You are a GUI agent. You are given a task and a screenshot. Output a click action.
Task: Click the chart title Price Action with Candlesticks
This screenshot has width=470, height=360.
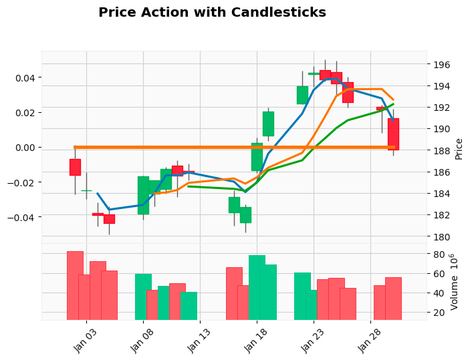[212, 13]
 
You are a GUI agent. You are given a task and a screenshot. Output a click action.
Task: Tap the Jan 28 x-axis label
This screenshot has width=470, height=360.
[370, 342]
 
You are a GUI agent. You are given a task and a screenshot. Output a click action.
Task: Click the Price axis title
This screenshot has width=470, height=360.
[459, 149]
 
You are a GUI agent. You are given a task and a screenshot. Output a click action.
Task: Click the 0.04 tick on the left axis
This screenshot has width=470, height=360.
[25, 78]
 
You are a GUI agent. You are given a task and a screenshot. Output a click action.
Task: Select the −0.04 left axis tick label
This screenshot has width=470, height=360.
[23, 216]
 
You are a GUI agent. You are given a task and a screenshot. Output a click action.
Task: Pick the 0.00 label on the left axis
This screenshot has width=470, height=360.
[25, 148]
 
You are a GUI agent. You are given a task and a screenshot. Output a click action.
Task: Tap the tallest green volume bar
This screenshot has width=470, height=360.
[257, 287]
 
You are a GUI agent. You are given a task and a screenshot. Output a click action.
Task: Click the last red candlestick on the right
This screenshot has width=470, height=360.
[393, 134]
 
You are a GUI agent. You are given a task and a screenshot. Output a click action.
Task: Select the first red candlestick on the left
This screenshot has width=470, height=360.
[75, 167]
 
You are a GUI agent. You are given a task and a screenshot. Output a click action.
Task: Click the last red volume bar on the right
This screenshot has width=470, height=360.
[393, 298]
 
